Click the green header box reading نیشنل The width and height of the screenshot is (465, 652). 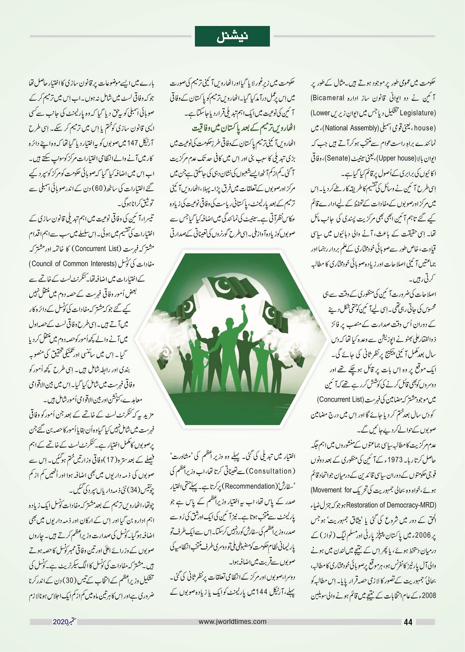(232, 36)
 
